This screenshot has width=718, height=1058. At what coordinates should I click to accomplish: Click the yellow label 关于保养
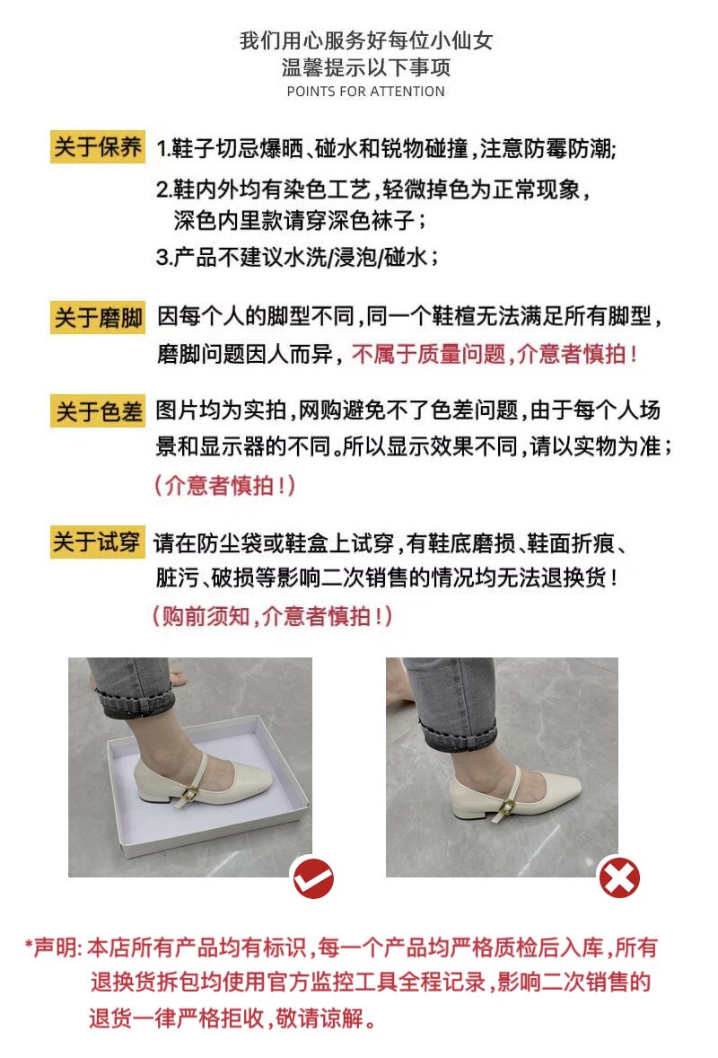[98, 146]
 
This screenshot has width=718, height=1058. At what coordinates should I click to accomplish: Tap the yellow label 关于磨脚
[98, 317]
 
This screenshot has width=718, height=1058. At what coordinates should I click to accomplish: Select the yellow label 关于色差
[98, 411]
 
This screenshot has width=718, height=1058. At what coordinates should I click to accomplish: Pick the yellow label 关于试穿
[98, 542]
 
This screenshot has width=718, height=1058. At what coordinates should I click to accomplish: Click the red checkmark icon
[313, 878]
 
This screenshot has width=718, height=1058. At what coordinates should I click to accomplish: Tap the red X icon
[619, 877]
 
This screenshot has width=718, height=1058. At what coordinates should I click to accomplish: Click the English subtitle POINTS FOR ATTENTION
[366, 92]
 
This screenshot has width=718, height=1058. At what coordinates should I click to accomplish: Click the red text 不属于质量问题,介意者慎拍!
[495, 354]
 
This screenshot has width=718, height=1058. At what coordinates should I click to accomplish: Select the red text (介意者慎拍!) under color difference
[225, 485]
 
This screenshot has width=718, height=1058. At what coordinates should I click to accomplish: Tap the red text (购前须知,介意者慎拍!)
[272, 615]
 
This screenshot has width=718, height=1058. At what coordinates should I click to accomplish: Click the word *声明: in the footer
[53, 948]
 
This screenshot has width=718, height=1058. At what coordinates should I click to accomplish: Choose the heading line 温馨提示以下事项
[366, 67]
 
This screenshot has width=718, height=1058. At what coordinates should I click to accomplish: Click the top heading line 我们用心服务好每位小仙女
[366, 40]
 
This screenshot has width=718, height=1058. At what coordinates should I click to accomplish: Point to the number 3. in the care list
[164, 257]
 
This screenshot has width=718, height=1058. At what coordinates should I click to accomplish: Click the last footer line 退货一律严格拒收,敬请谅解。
[233, 1018]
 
